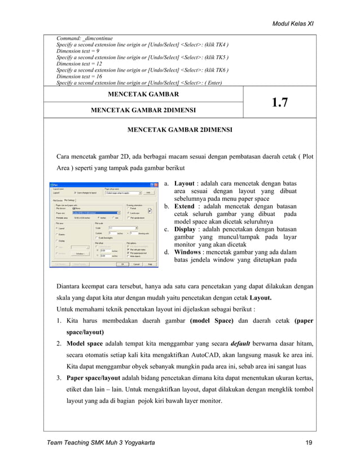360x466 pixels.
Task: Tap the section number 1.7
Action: click(280, 102)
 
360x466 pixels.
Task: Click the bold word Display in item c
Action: click(187, 230)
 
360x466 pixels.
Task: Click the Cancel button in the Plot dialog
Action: click(137, 263)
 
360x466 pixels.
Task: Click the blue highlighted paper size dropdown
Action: click(95, 212)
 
